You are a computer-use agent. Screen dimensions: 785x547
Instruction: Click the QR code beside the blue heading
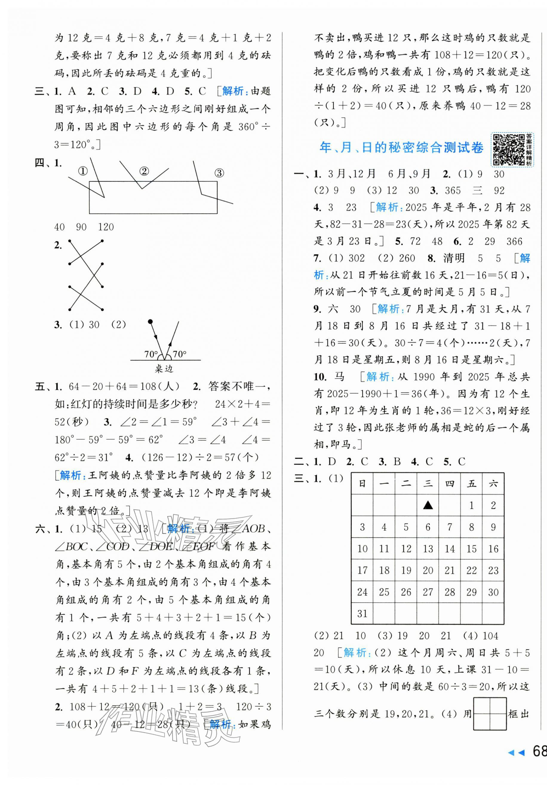[508, 150]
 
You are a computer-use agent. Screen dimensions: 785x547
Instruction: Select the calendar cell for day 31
[362, 614]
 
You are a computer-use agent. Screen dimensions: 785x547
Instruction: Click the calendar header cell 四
[450, 483]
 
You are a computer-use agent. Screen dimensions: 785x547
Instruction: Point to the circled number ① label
[83, 171]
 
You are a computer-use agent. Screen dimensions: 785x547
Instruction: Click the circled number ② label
[144, 171]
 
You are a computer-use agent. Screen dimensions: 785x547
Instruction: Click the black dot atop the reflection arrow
[150, 322]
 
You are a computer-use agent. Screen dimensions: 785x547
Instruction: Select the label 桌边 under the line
[164, 369]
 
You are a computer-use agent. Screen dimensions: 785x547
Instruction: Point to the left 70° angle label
[151, 354]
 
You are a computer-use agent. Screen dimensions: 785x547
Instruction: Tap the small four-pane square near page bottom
[490, 714]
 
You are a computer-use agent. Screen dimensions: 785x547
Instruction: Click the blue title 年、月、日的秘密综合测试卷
[401, 148]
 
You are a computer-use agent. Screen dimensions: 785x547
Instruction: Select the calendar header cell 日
[362, 483]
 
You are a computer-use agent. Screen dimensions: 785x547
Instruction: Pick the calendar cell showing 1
[471, 505]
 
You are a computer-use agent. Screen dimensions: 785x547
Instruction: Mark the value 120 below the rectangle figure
[106, 227]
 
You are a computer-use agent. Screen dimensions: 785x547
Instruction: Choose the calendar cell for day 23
[493, 570]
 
